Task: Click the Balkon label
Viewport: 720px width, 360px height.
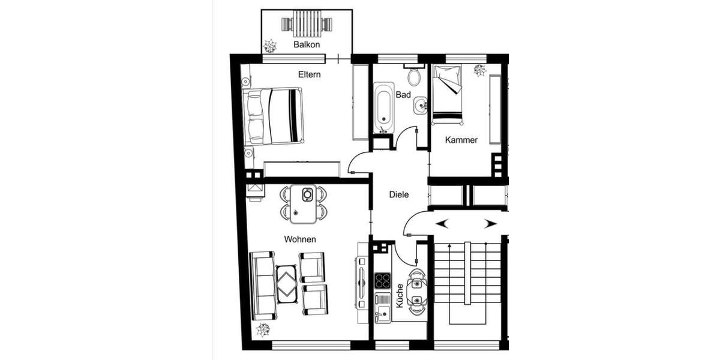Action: pyautogui.click(x=307, y=45)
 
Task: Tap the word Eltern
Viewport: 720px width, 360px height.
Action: pyautogui.click(x=310, y=75)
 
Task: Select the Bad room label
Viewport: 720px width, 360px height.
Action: pyautogui.click(x=403, y=95)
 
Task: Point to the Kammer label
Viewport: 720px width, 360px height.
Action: pyautogui.click(x=461, y=140)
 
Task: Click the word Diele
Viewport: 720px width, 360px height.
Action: pyautogui.click(x=399, y=194)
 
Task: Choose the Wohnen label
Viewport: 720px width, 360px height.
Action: pyautogui.click(x=300, y=239)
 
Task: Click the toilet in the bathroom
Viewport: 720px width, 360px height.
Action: pyautogui.click(x=413, y=77)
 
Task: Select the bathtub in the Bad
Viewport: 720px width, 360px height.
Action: pyautogui.click(x=384, y=109)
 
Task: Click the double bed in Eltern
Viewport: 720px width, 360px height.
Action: pyautogui.click(x=274, y=116)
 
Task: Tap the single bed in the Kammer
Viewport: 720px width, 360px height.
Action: pyautogui.click(x=448, y=93)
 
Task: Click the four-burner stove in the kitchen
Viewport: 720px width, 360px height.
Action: pyautogui.click(x=383, y=280)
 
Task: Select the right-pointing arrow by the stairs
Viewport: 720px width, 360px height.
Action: pyautogui.click(x=490, y=224)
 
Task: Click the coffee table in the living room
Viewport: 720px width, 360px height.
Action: pyautogui.click(x=286, y=283)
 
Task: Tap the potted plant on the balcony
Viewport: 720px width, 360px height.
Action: pyautogui.click(x=269, y=46)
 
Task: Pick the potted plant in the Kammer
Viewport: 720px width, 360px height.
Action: pyautogui.click(x=480, y=71)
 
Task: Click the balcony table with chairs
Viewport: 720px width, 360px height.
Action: pyautogui.click(x=307, y=24)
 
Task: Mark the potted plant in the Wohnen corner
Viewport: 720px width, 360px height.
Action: pyautogui.click(x=262, y=329)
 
